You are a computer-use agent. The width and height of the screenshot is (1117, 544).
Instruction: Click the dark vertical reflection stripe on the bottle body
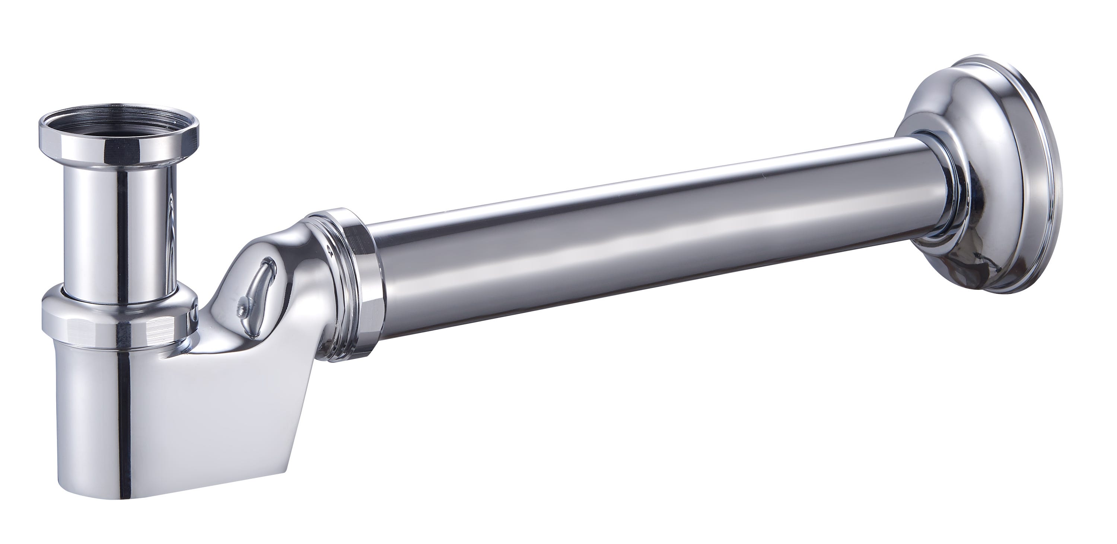tap(125, 433)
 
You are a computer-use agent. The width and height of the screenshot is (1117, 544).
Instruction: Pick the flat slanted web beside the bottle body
tap(243, 425)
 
